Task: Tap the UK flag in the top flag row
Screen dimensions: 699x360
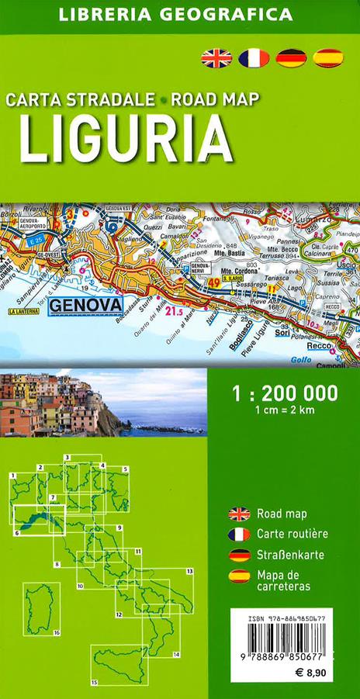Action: point(216,57)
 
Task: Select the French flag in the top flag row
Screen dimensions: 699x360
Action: point(254,57)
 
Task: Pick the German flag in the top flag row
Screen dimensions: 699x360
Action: point(291,57)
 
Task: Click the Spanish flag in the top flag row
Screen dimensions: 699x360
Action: point(328,57)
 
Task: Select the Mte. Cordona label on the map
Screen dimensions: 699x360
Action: point(239,272)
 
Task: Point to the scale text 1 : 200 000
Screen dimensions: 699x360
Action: point(286,393)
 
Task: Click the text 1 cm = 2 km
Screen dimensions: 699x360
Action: point(284,410)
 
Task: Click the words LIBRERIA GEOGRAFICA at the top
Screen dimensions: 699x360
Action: point(179,14)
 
